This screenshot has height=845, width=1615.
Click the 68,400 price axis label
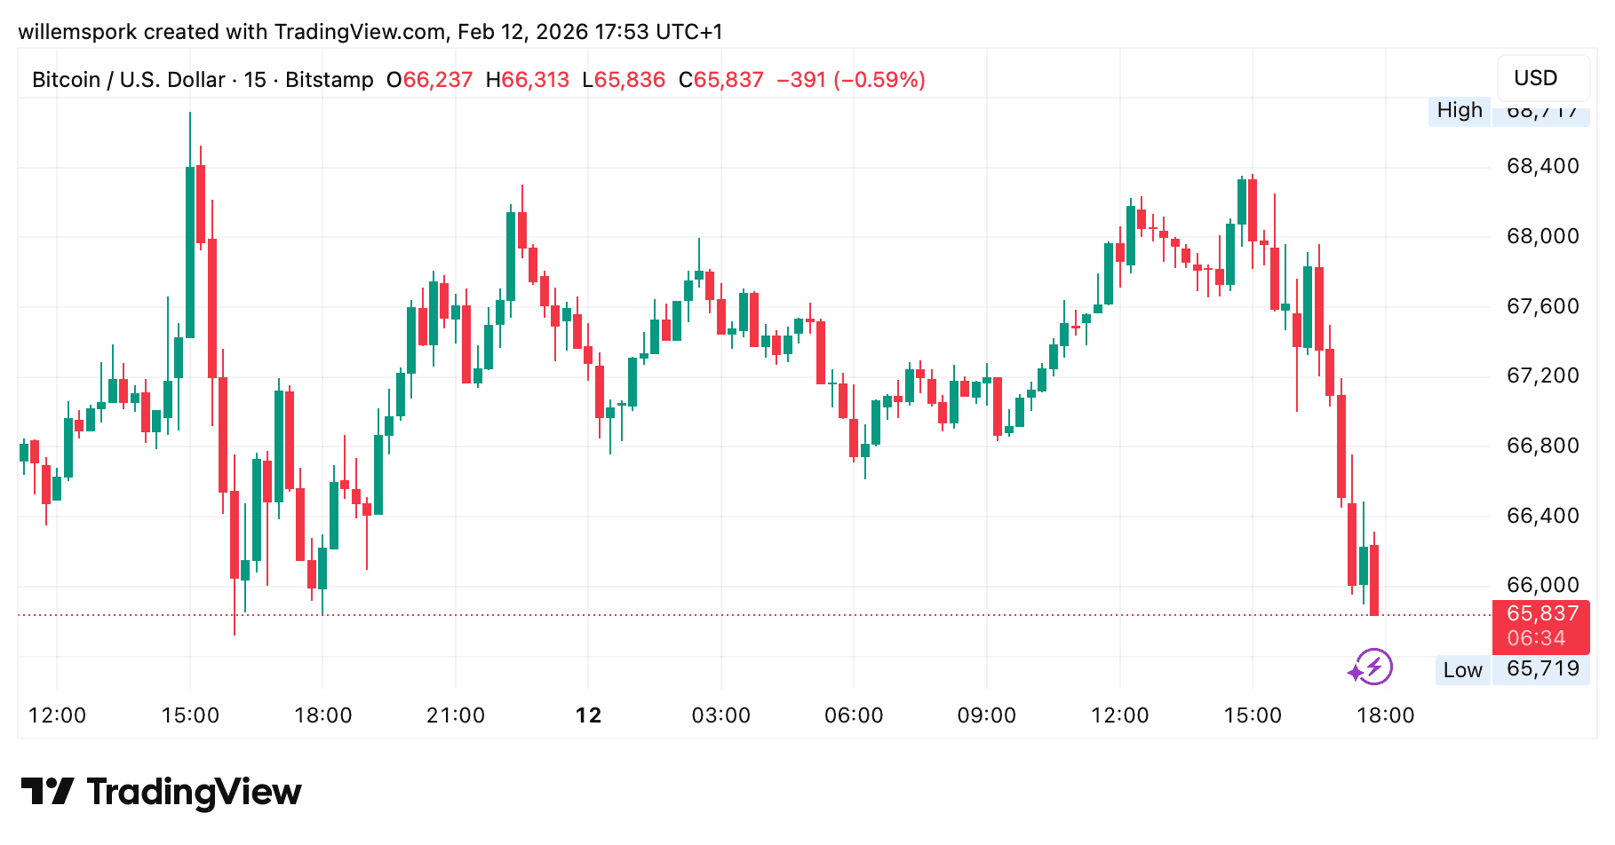1542,166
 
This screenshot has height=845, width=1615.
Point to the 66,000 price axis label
1542,585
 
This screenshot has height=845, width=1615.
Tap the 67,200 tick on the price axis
1542,375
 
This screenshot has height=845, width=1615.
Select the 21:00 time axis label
456,715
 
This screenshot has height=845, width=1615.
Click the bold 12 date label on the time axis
588,715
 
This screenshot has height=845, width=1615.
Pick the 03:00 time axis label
720,715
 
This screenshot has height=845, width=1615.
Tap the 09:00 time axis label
986,715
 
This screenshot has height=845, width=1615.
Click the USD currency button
1535,78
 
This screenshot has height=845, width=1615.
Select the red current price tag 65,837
1542,613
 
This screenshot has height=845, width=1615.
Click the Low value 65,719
1542,669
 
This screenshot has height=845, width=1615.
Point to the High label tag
1460,110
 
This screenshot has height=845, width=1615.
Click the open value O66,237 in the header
430,80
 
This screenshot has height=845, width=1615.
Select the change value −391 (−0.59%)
850,80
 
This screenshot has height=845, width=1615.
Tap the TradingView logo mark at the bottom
47,791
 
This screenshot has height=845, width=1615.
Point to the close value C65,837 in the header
720,80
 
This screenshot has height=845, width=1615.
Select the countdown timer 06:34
1536,638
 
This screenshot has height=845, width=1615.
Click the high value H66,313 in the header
527,80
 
